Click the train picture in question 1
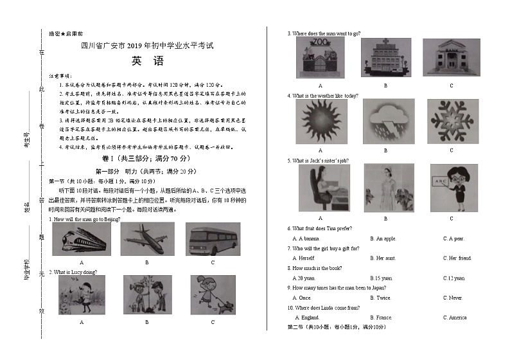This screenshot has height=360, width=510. pyautogui.click(x=82, y=240)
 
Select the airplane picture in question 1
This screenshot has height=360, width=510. pyautogui.click(x=146, y=240)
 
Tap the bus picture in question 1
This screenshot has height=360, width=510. pyautogui.click(x=213, y=240)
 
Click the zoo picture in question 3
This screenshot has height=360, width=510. pyautogui.click(x=320, y=59)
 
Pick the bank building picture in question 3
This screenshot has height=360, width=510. pyautogui.click(x=451, y=59)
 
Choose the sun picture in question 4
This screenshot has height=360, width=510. pyautogui.click(x=321, y=122)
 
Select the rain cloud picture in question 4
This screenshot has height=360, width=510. pyautogui.click(x=385, y=122)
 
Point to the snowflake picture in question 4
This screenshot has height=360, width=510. pyautogui.click(x=451, y=122)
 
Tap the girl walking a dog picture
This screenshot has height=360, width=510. pyautogui.click(x=213, y=295)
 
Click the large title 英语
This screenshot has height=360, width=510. pyautogui.click(x=147, y=62)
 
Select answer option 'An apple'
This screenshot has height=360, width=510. pyautogui.click(x=386, y=239)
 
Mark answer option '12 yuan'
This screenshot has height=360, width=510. pyautogui.click(x=454, y=278)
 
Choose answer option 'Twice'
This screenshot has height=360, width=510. pyautogui.click(x=383, y=298)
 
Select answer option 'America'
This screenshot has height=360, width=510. pyautogui.click(x=457, y=318)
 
